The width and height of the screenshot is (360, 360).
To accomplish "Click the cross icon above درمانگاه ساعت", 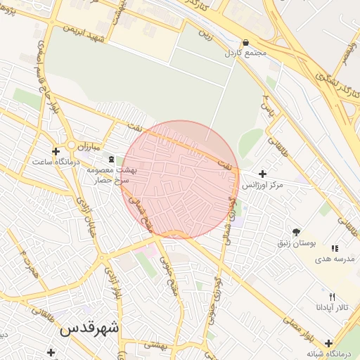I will point(56,151).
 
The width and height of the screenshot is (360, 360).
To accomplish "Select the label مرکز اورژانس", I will point(262,185).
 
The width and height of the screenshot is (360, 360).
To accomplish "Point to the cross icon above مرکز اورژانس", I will point(262,174).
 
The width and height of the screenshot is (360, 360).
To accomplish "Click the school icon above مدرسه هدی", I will point(335,248).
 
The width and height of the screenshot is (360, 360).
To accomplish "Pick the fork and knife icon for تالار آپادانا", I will point(332,297).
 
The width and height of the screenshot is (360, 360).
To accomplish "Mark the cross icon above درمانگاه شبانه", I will point(329,344).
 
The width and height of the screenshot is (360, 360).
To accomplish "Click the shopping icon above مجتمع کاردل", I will point(245,42).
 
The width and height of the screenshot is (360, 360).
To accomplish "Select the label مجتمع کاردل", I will point(243,53).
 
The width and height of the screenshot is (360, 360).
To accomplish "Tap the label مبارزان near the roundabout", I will point(89,146).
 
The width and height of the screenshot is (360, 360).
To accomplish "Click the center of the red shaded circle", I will point(180,180).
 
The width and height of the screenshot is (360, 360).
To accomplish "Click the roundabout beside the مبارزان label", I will point(71,146).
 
